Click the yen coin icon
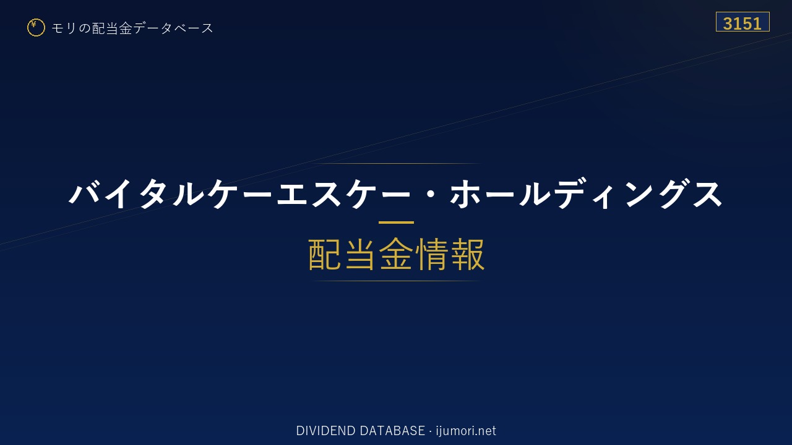click(36, 28)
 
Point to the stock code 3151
click(742, 23)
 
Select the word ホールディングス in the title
click(586, 194)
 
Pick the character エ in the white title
click(292, 194)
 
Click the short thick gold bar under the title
click(396, 222)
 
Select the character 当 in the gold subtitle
click(360, 254)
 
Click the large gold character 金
click(396, 254)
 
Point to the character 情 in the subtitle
click(431, 254)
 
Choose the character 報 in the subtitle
click(467, 254)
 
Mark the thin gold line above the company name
click(396, 164)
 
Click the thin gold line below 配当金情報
click(396, 281)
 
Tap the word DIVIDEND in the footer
click(325, 431)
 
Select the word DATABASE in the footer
click(392, 431)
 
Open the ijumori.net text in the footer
click(466, 431)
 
